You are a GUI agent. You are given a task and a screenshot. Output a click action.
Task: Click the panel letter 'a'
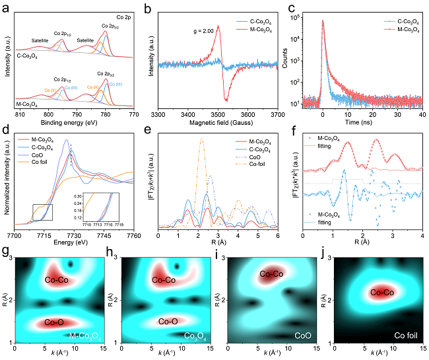[x=5, y=6]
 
